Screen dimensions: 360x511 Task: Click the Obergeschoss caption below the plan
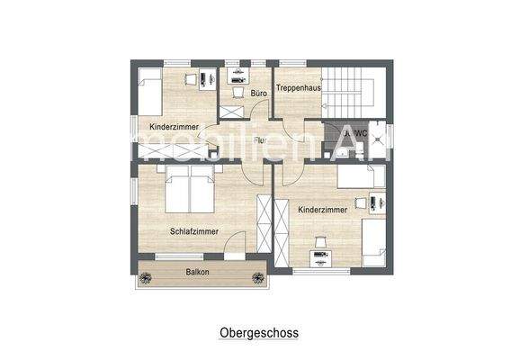[x=258, y=332]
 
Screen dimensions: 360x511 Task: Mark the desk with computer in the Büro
[x=238, y=74]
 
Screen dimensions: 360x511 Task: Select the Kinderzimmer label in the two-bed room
[x=322, y=209]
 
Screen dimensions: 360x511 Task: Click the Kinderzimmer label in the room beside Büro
[x=174, y=127]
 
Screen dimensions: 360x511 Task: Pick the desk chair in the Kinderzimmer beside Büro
[x=192, y=79]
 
